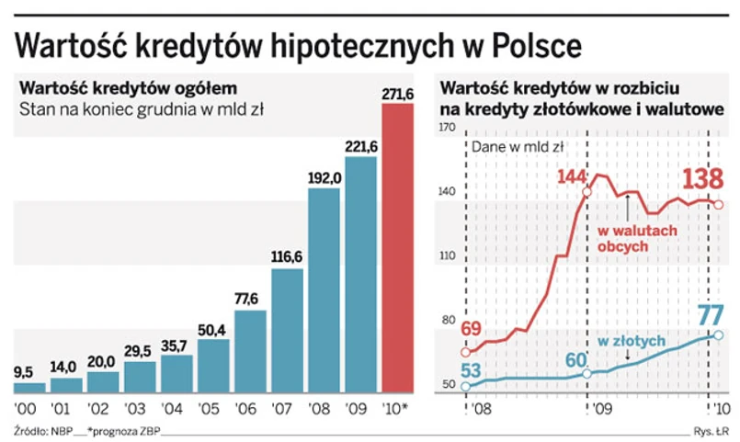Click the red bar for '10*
(397, 248)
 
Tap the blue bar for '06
(251, 350)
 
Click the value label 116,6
(288, 257)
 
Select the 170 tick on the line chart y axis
(449, 129)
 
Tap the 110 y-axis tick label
(449, 256)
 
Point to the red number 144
(572, 176)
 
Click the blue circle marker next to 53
(465, 386)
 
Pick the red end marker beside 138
(718, 205)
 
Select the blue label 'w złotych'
(631, 340)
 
